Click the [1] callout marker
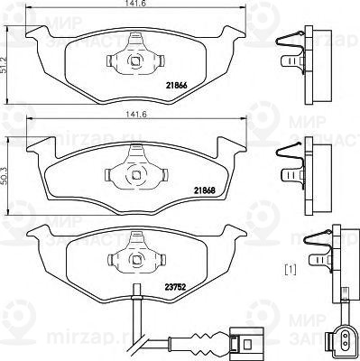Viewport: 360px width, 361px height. tap(291, 269)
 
